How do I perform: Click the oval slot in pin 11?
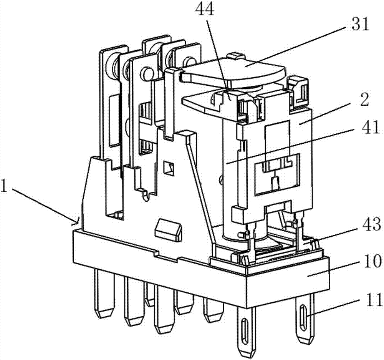[x=303, y=315]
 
